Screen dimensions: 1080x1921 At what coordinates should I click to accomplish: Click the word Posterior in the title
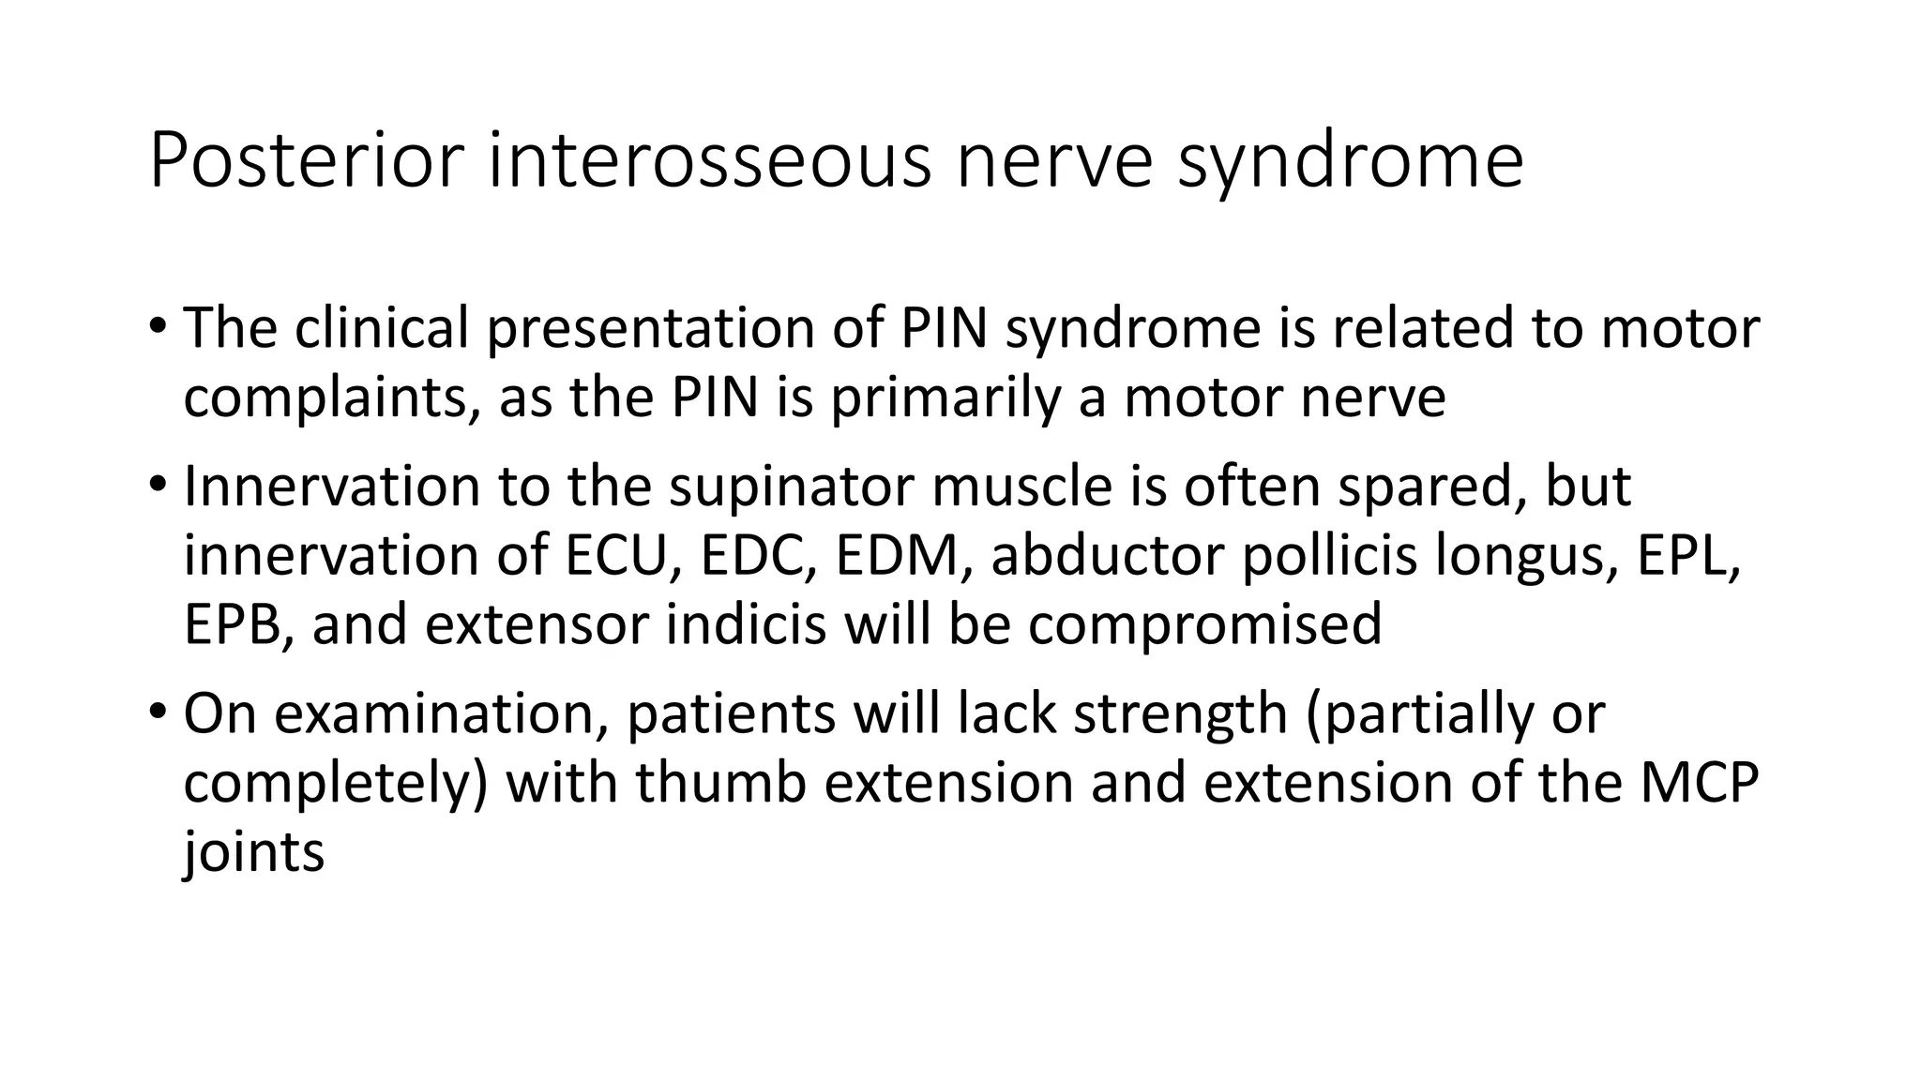coord(307,161)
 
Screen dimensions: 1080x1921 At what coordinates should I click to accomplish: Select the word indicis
coord(746,624)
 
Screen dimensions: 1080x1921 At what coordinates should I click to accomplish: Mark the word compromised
coord(1204,624)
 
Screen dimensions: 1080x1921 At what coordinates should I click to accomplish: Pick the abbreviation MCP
coord(1699,783)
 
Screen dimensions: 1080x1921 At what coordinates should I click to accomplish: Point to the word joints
coord(253,852)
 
